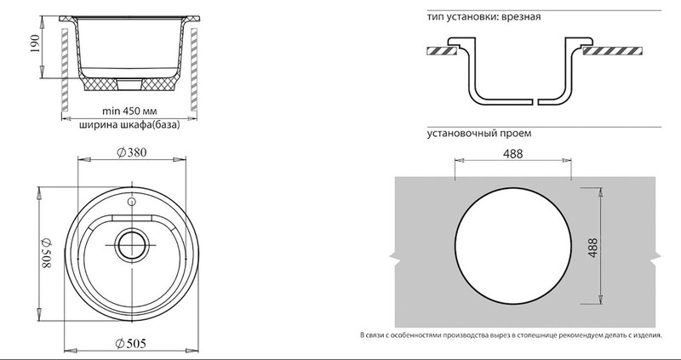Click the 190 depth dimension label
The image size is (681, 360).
pyautogui.click(x=35, y=43)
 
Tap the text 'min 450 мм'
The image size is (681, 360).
pyautogui.click(x=129, y=111)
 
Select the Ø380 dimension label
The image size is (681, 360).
pyautogui.click(x=132, y=152)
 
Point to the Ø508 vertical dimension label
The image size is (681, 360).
pyautogui.click(x=46, y=253)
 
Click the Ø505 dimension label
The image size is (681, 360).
pyautogui.click(x=131, y=344)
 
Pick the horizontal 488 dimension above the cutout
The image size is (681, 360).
pyautogui.click(x=513, y=154)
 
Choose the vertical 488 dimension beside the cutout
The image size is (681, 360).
pyautogui.click(x=592, y=248)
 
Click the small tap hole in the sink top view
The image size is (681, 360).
pyautogui.click(x=131, y=202)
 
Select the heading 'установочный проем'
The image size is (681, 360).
pyautogui.click(x=478, y=134)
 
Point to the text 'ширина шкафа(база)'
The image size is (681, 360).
pyautogui.click(x=129, y=125)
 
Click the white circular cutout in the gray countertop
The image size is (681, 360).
pyautogui.click(x=513, y=246)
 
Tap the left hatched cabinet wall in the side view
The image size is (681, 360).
pyautogui.click(x=65, y=70)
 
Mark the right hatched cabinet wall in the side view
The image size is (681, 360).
pyautogui.click(x=194, y=70)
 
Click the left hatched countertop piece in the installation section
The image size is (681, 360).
pyautogui.click(x=442, y=51)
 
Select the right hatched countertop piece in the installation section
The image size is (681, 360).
pyautogui.click(x=612, y=51)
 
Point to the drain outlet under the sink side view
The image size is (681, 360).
pyautogui.click(x=129, y=84)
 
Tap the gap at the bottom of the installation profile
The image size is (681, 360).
pyautogui.click(x=535, y=102)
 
